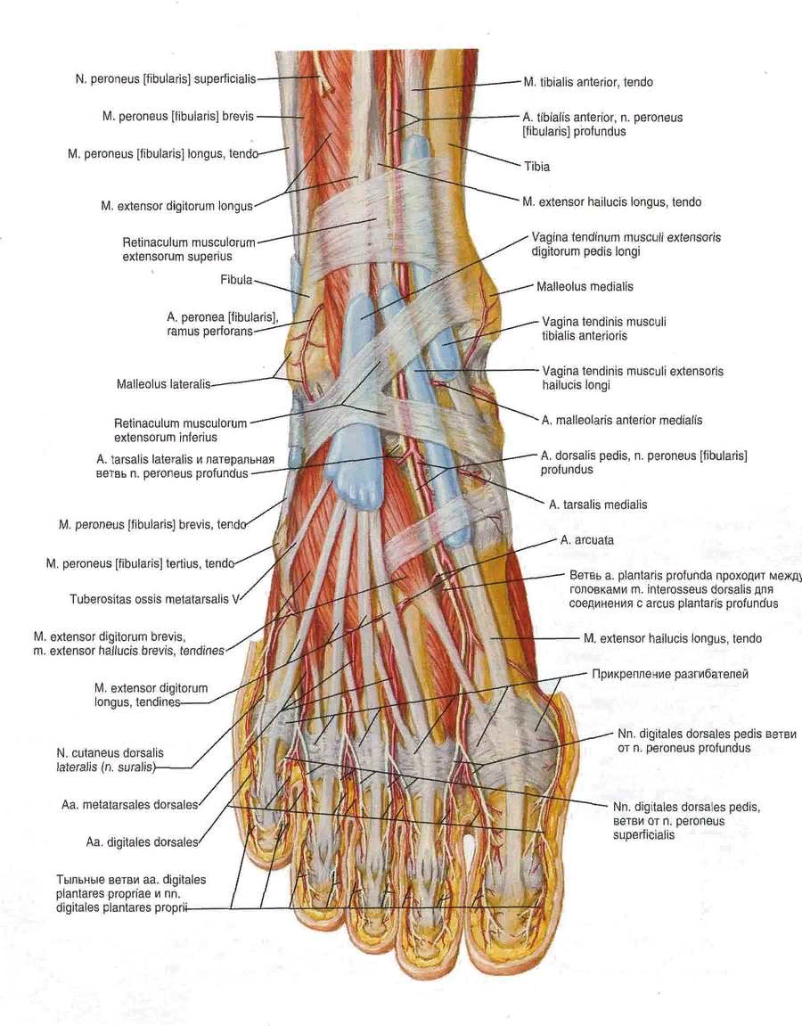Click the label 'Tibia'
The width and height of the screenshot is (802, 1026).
(537, 166)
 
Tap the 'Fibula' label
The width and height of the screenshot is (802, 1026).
(236, 280)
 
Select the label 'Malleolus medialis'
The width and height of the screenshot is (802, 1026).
(585, 287)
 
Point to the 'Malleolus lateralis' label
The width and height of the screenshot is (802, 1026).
(164, 384)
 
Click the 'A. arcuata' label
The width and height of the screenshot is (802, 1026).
(587, 540)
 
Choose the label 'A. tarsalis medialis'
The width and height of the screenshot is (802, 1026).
(598, 505)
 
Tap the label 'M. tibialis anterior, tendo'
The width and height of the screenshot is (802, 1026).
(588, 82)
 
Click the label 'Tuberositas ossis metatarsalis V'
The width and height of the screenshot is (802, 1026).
(154, 599)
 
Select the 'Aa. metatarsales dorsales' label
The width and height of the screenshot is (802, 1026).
(129, 805)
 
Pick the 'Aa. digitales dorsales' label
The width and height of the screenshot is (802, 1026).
(142, 842)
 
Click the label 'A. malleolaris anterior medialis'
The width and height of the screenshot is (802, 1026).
(622, 420)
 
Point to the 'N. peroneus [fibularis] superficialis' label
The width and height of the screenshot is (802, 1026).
(166, 79)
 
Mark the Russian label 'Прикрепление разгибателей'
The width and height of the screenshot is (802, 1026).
(670, 674)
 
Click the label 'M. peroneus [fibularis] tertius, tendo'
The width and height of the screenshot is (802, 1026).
(140, 563)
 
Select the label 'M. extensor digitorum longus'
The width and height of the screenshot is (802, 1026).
(176, 206)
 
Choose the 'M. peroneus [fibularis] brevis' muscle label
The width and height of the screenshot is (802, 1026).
(178, 117)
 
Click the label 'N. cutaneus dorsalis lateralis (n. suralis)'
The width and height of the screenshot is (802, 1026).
(110, 759)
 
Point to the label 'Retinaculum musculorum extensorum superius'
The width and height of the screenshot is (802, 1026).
(188, 250)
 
